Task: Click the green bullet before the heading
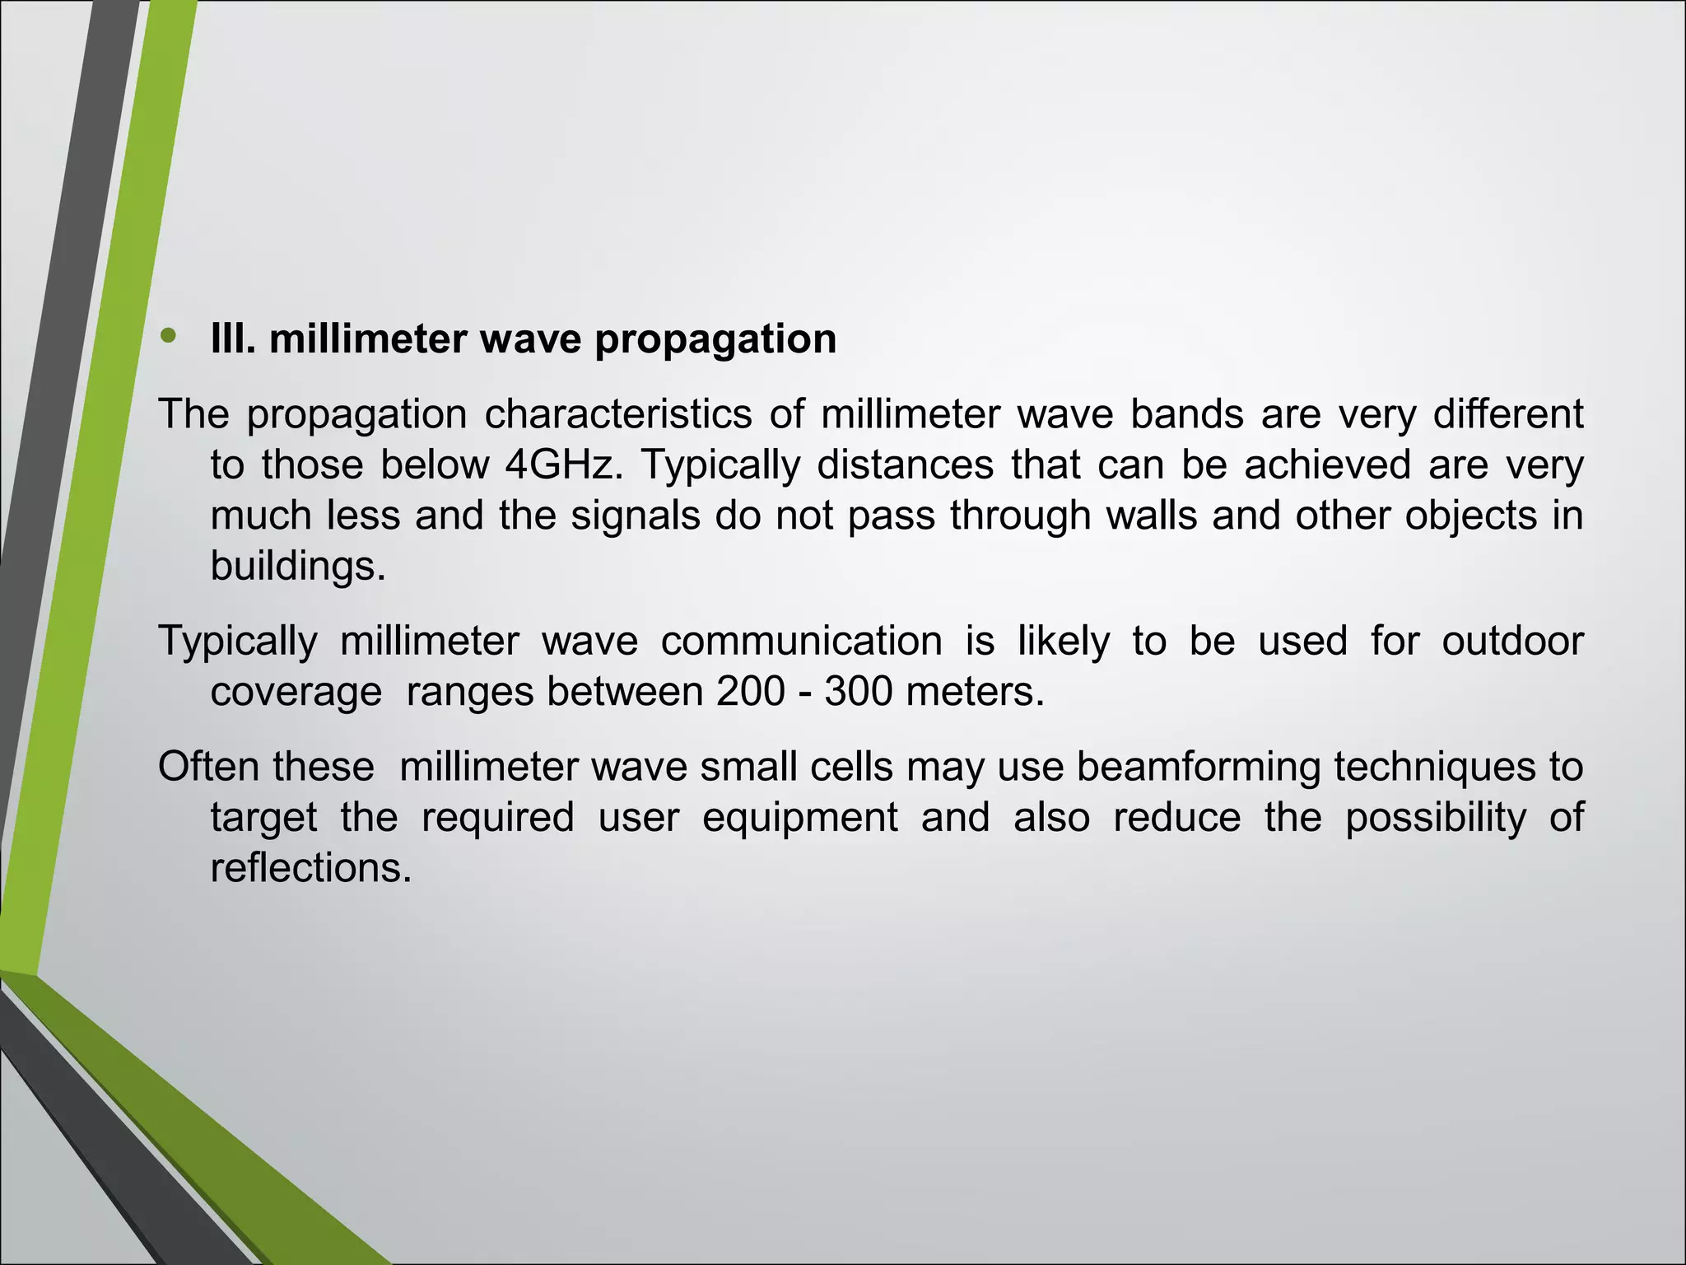point(169,335)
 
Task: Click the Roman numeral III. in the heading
point(233,338)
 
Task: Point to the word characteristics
point(617,413)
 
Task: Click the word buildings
point(297,566)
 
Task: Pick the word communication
point(801,641)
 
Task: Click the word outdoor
point(1512,641)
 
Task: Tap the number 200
point(750,691)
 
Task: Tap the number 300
point(859,691)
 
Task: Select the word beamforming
point(1199,767)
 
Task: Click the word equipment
point(799,818)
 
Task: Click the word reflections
point(310,868)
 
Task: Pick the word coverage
point(296,693)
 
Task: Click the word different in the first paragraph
point(1507,413)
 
